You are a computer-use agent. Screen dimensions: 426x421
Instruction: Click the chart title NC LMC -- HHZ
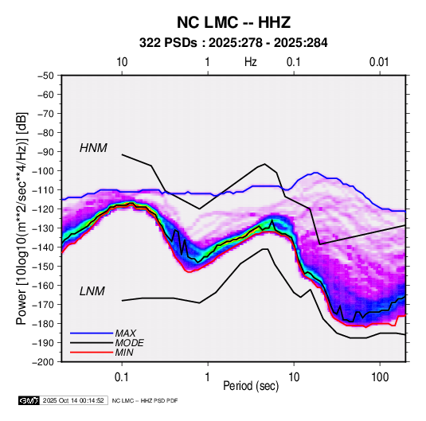tap(233, 22)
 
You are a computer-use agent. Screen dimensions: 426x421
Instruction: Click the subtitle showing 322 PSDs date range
tap(233, 43)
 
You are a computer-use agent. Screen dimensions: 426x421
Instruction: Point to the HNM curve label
tap(93, 148)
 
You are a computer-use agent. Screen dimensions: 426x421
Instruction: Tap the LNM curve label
tap(92, 291)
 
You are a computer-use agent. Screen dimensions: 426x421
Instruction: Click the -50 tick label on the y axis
tap(45, 76)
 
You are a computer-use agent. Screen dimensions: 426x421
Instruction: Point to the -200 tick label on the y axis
tap(43, 362)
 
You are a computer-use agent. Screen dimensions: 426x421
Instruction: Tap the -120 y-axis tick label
tap(43, 209)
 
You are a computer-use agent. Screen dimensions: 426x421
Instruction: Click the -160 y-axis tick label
tap(43, 286)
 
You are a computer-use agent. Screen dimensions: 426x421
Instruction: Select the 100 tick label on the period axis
tap(380, 377)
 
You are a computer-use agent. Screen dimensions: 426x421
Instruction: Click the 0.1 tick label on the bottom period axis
tap(122, 377)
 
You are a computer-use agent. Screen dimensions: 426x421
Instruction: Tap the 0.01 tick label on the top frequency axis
tap(379, 62)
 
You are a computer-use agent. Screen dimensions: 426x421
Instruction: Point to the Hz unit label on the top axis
tap(251, 62)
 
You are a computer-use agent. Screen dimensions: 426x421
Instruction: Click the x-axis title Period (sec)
tap(251, 386)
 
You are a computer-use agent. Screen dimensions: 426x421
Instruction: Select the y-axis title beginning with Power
tap(21, 219)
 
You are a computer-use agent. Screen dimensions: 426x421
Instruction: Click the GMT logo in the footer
tap(29, 400)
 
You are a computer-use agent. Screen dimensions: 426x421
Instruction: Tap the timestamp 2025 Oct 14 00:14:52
tap(73, 400)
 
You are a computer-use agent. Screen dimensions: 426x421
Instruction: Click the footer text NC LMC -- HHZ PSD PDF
tap(145, 400)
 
